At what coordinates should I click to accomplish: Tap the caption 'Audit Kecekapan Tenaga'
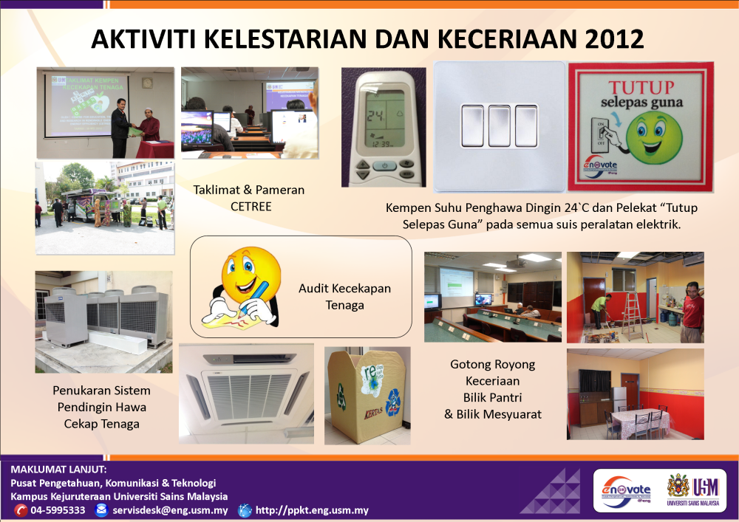point(344,296)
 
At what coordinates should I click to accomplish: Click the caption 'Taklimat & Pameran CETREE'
point(238,198)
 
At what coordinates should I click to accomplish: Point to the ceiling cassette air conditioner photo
point(246,393)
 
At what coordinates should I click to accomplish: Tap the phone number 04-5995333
point(58,510)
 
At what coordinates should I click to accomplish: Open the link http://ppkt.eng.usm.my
point(311,510)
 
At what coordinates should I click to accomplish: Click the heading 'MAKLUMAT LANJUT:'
point(59,470)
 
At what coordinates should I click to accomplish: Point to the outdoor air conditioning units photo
point(103,320)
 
